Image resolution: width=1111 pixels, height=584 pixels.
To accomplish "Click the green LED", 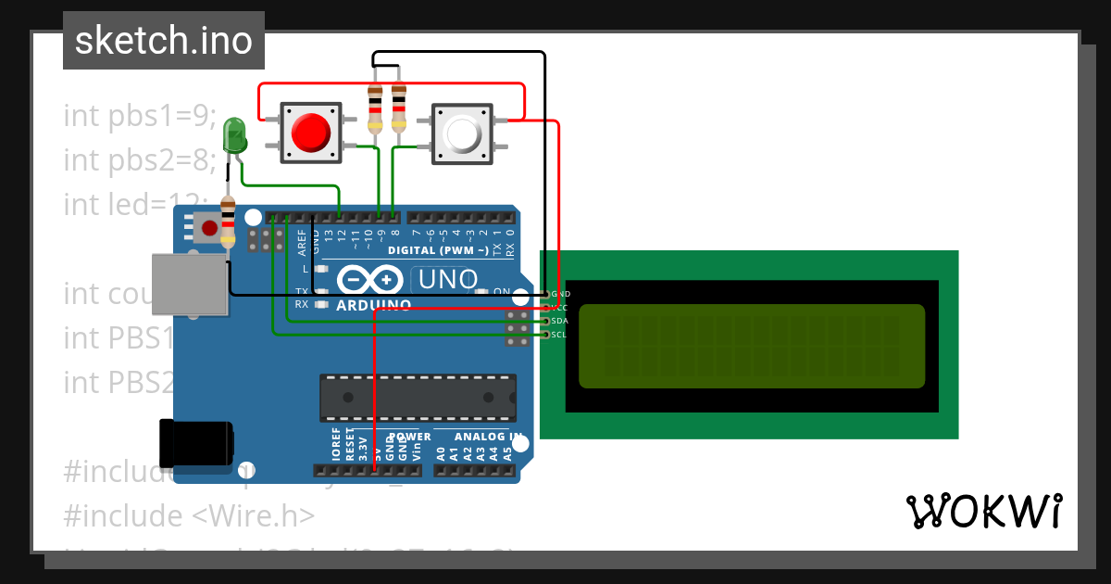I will tap(235, 136).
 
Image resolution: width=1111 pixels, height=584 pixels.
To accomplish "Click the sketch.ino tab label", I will tap(164, 41).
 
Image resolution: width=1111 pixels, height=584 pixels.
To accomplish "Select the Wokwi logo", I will tap(983, 511).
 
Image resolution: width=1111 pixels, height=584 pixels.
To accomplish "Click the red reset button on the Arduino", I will tap(210, 227).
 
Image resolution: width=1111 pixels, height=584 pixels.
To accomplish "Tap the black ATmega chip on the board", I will tap(418, 397).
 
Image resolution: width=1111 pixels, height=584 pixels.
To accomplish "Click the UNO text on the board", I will tap(448, 278).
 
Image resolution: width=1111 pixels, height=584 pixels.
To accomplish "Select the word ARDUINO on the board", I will tap(373, 305).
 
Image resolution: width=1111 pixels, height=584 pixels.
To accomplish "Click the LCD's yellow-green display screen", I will tap(752, 346).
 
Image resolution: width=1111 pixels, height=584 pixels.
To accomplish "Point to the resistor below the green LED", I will tap(228, 222).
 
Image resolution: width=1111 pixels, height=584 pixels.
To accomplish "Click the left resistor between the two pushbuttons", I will tap(375, 108).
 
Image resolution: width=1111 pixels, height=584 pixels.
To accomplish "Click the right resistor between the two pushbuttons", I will tap(399, 108).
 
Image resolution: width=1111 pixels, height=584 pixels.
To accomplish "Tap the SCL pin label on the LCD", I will tap(558, 335).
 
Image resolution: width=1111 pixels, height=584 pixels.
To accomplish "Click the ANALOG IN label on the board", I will tap(481, 437).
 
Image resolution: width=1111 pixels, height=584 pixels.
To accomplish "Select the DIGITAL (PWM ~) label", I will tap(438, 250).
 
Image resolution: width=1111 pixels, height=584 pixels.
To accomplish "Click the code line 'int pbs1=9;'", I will tap(140, 116).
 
